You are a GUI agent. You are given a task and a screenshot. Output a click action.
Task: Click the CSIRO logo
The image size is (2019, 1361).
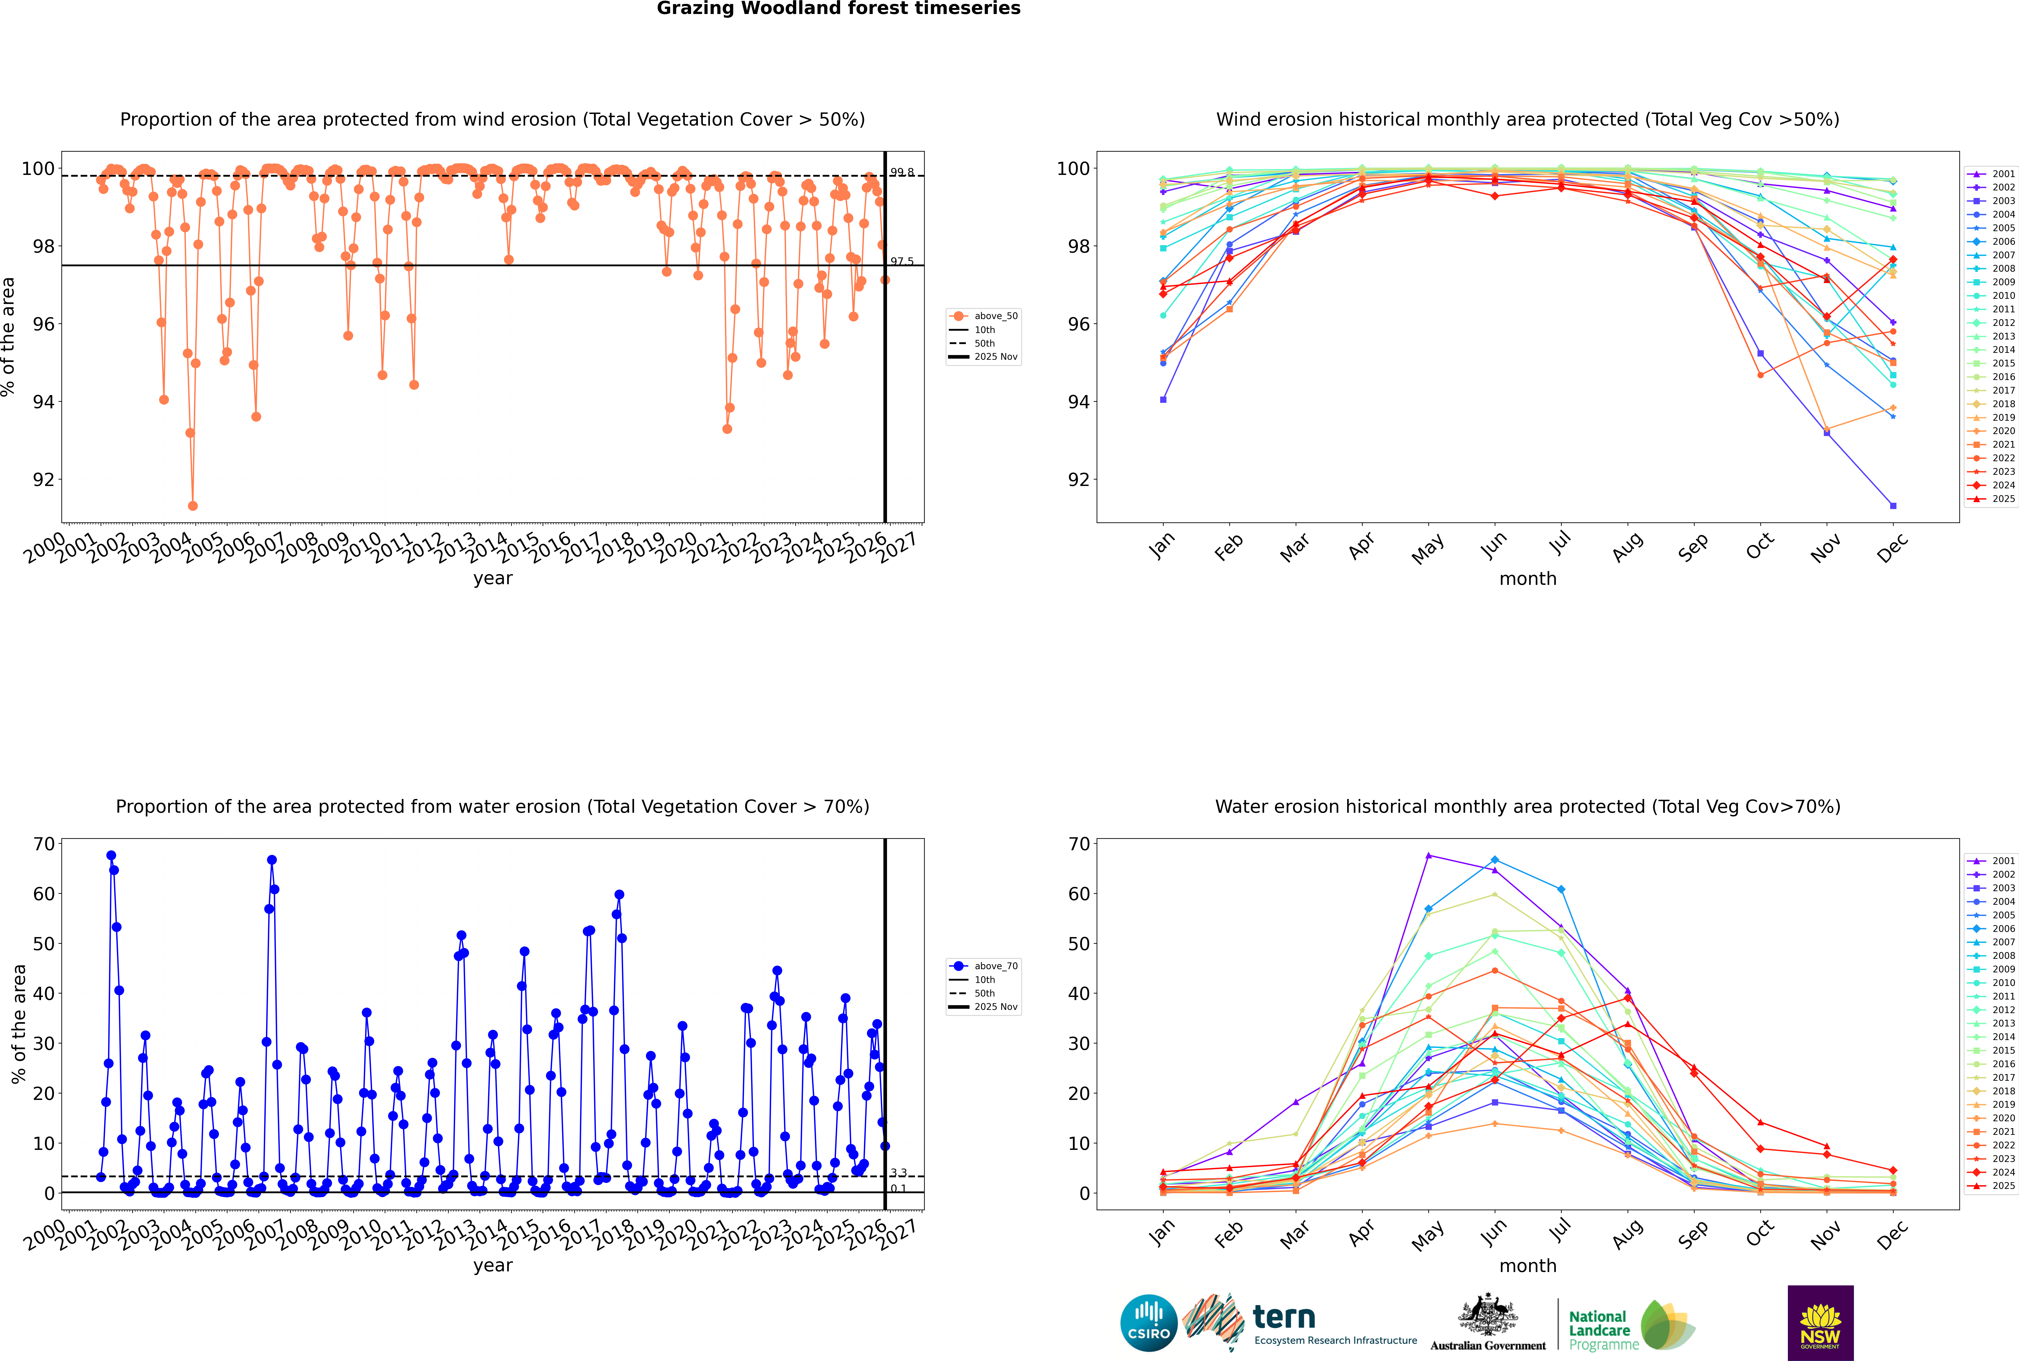(1148, 1323)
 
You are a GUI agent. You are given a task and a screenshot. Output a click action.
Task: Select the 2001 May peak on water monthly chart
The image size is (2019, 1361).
(1429, 856)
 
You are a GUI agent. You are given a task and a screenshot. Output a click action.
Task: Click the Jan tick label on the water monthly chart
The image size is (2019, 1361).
(1162, 1234)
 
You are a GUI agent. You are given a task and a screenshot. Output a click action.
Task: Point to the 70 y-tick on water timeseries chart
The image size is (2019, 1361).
(44, 844)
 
